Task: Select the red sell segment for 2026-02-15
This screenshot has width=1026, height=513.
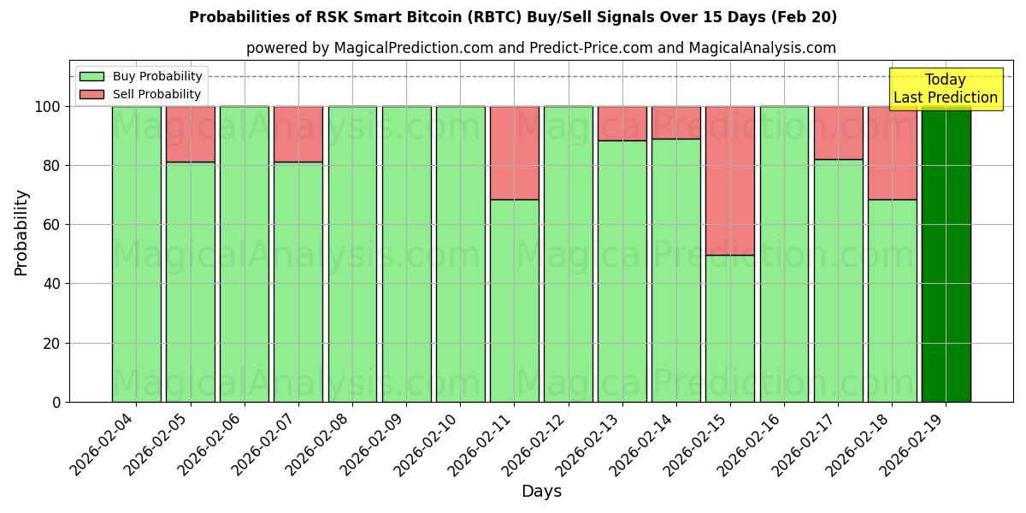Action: point(730,180)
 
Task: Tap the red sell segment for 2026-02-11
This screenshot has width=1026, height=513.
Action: point(514,152)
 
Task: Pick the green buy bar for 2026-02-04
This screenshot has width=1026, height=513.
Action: point(136,254)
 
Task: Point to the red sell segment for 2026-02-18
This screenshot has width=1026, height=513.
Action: point(892,152)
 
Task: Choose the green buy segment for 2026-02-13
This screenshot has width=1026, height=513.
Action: point(622,271)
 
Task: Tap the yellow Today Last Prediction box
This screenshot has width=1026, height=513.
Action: point(945,89)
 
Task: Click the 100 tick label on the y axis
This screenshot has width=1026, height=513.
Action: point(47,107)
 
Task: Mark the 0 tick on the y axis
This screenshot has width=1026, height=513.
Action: point(56,402)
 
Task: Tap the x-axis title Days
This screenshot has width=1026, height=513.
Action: point(541,492)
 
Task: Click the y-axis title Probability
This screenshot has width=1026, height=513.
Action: point(21,233)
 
